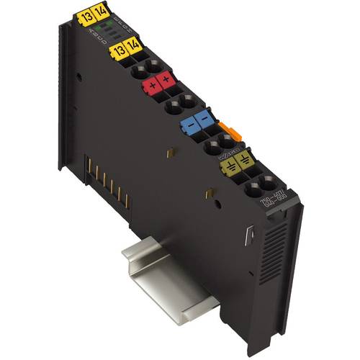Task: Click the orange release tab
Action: click(229, 132)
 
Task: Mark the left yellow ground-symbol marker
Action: click(230, 166)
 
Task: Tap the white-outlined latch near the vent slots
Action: click(251, 235)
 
